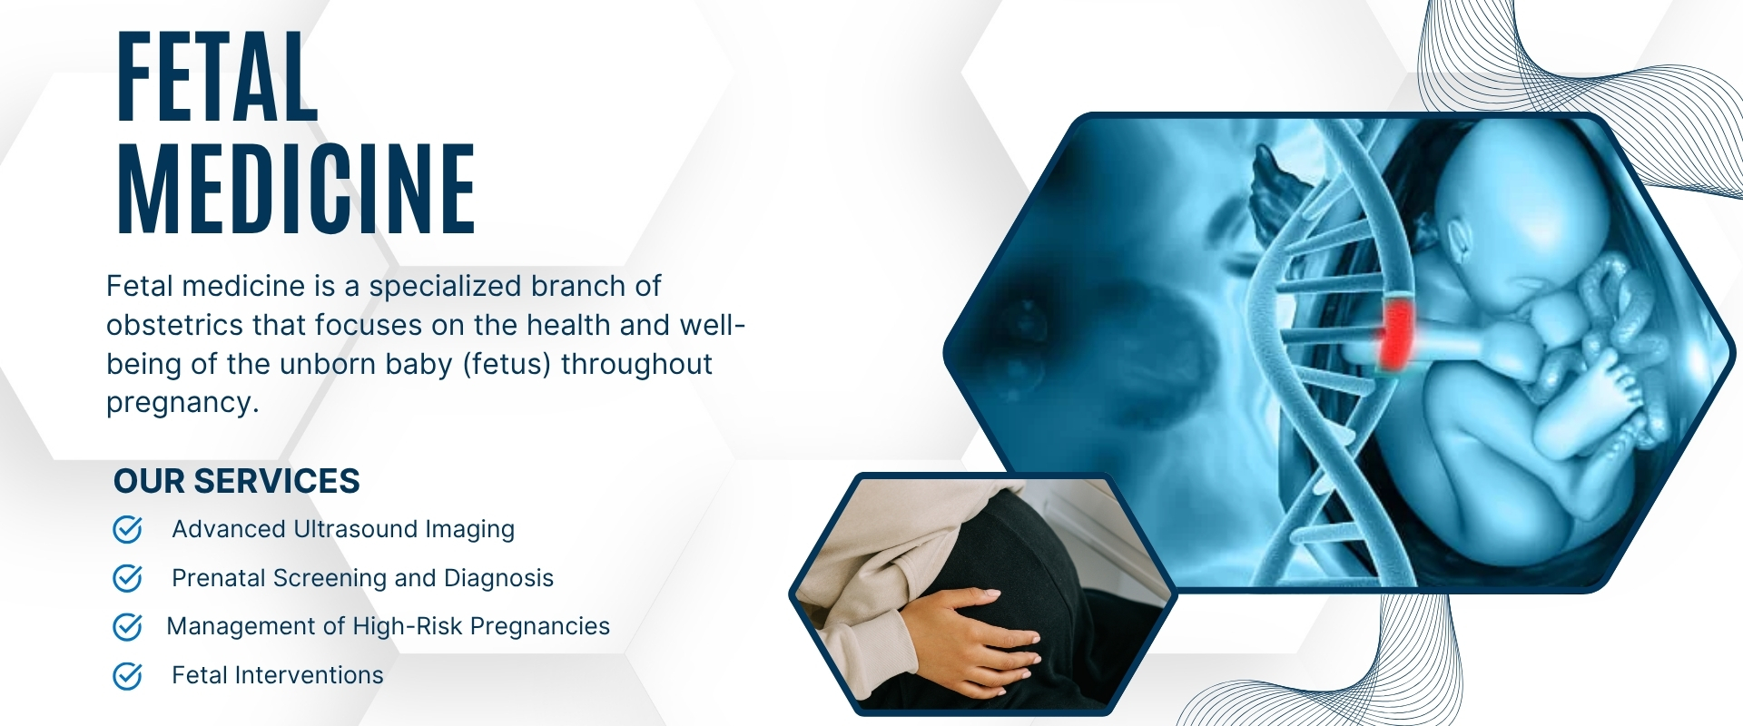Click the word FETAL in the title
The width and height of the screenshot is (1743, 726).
tap(218, 78)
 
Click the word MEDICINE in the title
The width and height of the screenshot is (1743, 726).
tap(296, 190)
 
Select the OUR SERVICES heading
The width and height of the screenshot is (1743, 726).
tap(237, 481)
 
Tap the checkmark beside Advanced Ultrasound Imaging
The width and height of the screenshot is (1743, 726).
tap(127, 529)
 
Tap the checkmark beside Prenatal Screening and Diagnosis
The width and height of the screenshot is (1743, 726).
tap(127, 578)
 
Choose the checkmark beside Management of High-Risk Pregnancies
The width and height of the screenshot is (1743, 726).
tap(127, 626)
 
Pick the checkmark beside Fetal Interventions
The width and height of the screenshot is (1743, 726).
tap(127, 675)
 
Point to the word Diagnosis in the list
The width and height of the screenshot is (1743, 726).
tap(498, 579)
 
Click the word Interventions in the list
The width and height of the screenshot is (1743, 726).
tap(309, 676)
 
